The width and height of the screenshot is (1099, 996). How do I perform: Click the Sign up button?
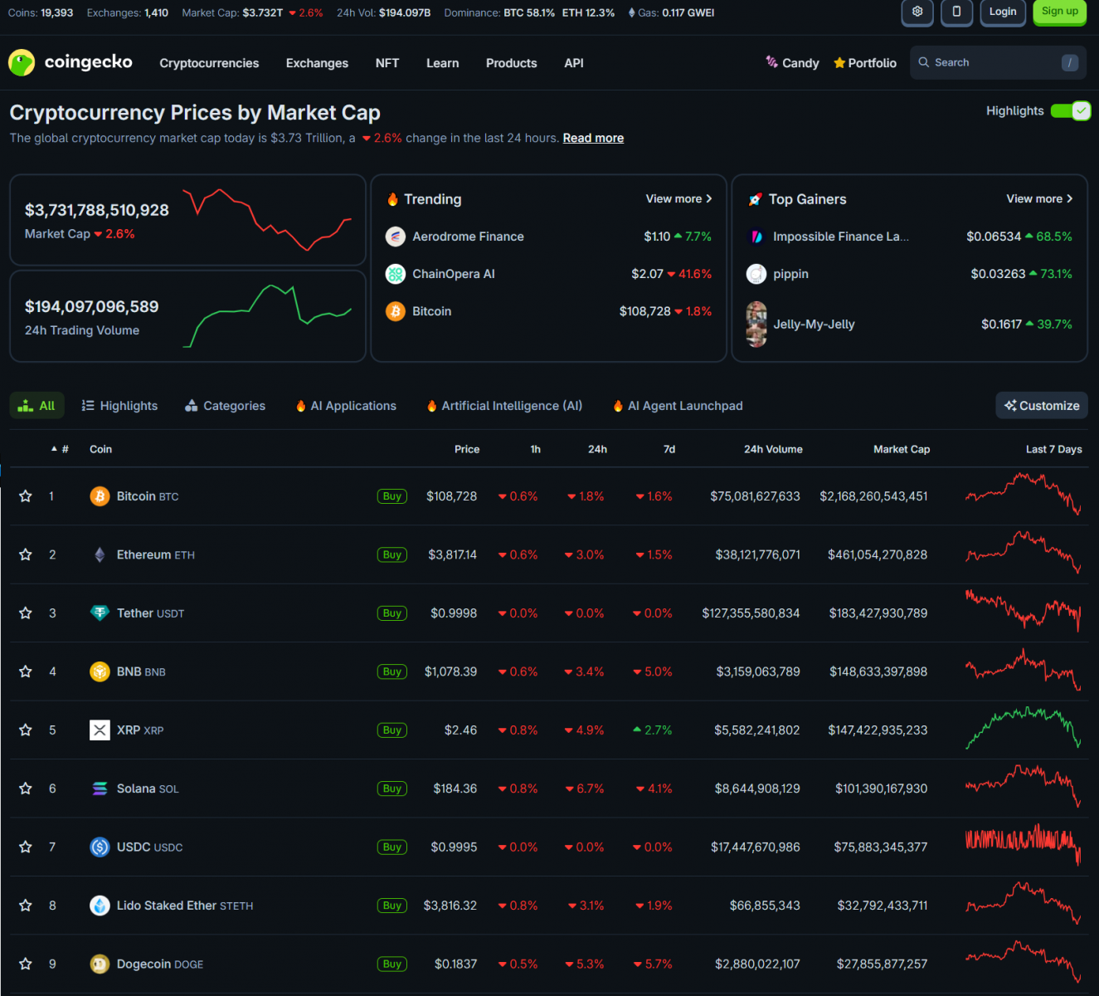tap(1059, 12)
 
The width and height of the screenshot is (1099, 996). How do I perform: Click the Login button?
tap(1002, 12)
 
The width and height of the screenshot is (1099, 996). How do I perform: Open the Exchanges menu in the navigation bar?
tap(317, 63)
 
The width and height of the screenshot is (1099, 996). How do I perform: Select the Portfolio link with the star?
tap(865, 63)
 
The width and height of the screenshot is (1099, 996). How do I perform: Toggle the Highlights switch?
tap(1070, 111)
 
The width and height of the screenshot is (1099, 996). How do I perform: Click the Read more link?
tap(593, 139)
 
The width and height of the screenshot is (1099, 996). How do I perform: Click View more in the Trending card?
tap(678, 199)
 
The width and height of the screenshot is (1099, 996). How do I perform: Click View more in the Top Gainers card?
tap(1039, 199)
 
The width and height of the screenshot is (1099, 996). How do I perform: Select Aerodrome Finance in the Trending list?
tap(468, 237)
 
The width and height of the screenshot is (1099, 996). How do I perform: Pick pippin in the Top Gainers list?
tap(790, 274)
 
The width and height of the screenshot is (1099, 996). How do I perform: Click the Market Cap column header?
tap(901, 449)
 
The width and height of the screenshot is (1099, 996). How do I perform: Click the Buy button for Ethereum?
tap(391, 554)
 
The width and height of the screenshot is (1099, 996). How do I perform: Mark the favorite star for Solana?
tap(26, 788)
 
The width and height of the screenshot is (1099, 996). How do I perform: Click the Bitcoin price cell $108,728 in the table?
tap(451, 496)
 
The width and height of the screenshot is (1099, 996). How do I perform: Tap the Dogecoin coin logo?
tap(100, 964)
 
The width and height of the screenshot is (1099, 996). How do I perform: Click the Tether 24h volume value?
tap(751, 613)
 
